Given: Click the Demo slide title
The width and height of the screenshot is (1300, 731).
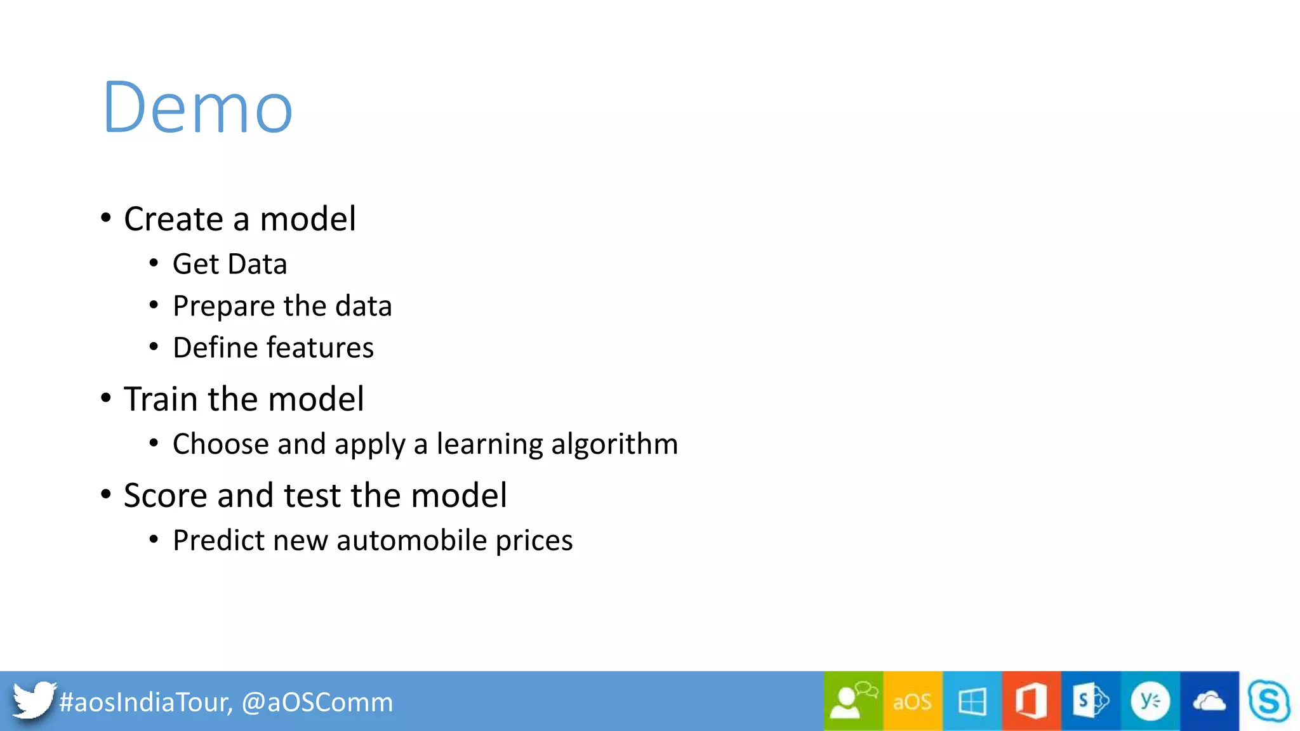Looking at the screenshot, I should coord(197,108).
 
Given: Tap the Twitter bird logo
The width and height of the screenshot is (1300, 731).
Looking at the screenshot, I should coord(33,700).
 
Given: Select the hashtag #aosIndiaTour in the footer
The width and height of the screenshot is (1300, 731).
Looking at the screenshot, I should coord(145,702).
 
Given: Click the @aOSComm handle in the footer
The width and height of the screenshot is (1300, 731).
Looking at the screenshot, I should coord(317,702).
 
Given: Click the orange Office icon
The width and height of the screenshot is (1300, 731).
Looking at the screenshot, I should coord(1031,701).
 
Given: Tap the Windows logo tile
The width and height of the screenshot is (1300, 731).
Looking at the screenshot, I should coord(972,701).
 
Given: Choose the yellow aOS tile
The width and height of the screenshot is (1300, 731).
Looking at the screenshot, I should coord(912,701).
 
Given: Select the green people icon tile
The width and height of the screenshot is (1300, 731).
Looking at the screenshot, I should coord(853,701).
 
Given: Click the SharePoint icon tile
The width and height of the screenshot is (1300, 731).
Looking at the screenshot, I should coord(1091,701).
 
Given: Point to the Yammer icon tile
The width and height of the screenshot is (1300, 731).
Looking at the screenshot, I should coord(1150,701).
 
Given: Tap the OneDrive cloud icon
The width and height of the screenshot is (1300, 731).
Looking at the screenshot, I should coord(1209,701).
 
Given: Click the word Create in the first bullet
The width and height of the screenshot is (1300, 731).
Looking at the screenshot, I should coord(173,220).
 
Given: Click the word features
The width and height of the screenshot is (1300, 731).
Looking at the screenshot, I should coord(320,348).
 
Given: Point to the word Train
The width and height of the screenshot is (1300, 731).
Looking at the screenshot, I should coord(161,399).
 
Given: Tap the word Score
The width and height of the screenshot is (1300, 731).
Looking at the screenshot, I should coord(165,496).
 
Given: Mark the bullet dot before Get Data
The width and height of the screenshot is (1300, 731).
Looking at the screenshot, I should coord(154,263).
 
